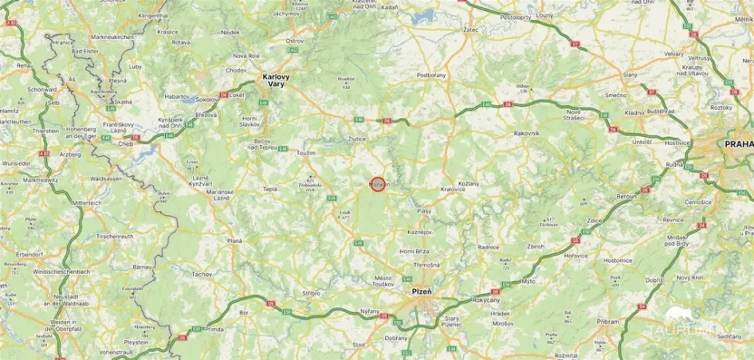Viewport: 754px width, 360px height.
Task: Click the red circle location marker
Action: point(378,184)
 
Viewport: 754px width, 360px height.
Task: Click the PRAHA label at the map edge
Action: point(737,143)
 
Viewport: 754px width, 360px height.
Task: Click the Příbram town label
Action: point(608,321)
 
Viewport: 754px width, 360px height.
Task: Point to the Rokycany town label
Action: point(486,300)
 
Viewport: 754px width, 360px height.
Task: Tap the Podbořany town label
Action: point(430,74)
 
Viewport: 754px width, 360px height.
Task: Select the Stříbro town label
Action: point(312,293)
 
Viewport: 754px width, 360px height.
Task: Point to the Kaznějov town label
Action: point(420,232)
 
